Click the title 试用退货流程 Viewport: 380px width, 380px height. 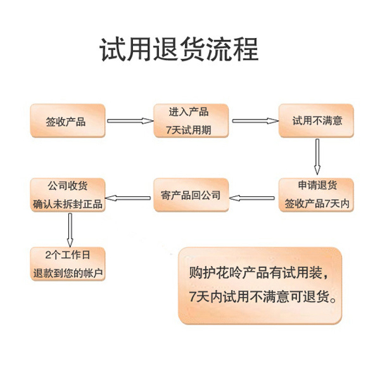coord(179,49)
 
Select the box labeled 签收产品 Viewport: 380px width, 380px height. coord(68,121)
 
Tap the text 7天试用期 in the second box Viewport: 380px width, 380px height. coord(189,130)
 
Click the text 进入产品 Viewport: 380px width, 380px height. coord(189,112)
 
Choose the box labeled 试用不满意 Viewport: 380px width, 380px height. coord(316,120)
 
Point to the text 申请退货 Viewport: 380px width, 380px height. coord(317,185)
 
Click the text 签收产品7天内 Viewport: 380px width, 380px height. coord(317,203)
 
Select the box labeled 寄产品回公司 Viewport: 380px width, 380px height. coord(191,195)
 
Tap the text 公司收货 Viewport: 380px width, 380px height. coord(68,186)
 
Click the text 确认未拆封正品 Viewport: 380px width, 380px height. coord(68,204)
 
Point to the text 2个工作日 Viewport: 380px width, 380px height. coord(68,255)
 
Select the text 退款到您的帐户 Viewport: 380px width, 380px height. coord(68,273)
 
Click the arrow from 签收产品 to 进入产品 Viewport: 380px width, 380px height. coord(130,121)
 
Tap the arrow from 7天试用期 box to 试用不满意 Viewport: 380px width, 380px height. coord(255,121)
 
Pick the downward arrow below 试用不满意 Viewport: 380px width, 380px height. coord(317,156)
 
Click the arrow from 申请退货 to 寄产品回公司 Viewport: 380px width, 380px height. coord(252,198)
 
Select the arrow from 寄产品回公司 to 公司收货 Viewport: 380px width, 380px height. coord(128,198)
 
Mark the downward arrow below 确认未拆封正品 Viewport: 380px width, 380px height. coord(70,230)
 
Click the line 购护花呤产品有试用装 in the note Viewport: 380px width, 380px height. coord(259,272)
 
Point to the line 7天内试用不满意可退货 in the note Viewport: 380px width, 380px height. coord(262,296)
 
